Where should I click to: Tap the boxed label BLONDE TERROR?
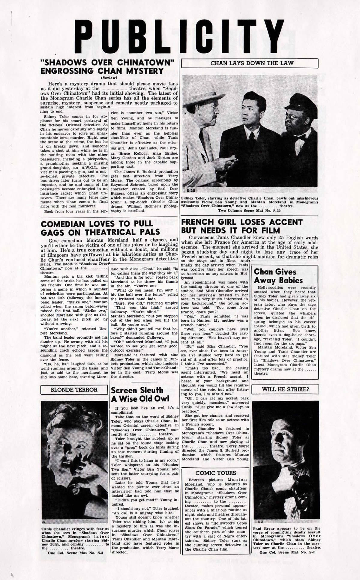[74, 390]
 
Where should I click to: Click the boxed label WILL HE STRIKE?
[285, 390]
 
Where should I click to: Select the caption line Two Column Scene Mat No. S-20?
[249, 211]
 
